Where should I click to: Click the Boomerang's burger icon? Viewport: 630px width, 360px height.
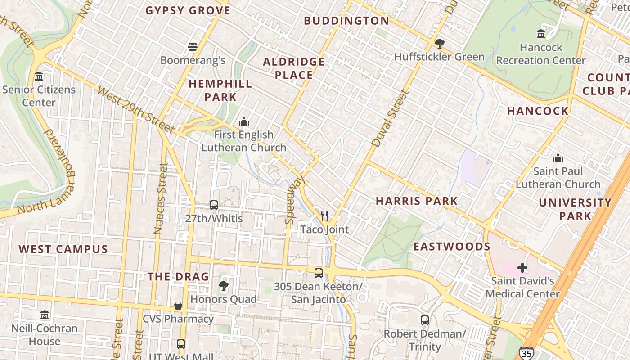click(193, 46)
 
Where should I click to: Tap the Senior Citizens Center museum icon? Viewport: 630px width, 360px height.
click(39, 76)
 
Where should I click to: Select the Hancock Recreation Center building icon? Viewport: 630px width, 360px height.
click(541, 34)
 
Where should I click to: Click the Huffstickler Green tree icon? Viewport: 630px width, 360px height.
click(439, 43)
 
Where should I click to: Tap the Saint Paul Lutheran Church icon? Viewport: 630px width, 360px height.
click(558, 158)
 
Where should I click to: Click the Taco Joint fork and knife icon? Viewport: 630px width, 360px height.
click(324, 216)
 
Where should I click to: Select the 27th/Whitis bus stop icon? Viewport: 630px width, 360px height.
click(214, 205)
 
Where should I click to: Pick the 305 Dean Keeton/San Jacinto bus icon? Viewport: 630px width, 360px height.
click(318, 273)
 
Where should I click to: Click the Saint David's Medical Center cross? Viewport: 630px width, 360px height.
click(522, 268)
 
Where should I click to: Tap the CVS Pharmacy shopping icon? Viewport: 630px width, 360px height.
click(178, 306)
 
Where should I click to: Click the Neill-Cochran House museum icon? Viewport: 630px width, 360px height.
click(45, 315)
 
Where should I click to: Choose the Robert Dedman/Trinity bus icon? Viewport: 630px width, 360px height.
click(424, 320)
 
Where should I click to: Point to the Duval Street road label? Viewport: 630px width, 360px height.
click(390, 118)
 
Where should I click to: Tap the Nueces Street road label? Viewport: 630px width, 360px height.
click(160, 198)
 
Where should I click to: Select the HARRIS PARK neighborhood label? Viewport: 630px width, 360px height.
click(417, 201)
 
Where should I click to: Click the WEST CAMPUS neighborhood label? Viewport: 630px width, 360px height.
click(63, 249)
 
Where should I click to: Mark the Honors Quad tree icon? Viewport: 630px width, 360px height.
click(223, 286)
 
